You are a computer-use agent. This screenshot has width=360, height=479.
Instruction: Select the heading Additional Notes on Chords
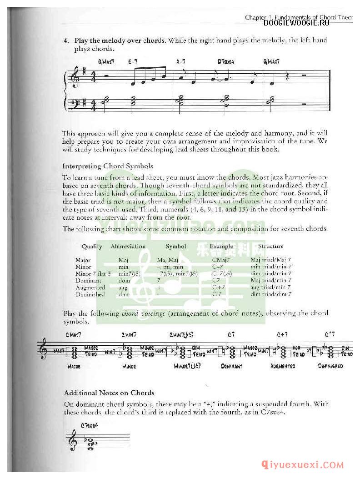[109, 393]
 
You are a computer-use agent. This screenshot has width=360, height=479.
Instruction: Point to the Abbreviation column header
[128, 247]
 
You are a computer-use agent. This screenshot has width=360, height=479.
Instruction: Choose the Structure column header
[270, 247]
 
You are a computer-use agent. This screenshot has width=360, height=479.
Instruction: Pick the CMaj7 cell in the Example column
[220, 260]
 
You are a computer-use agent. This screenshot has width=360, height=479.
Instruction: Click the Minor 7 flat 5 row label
[93, 274]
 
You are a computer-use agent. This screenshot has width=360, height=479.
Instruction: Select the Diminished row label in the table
[90, 294]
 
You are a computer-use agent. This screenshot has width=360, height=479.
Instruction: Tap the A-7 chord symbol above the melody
[180, 61]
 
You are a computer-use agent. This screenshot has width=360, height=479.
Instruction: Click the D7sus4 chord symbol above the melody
[225, 61]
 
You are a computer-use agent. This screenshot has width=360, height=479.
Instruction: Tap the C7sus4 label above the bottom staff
[90, 426]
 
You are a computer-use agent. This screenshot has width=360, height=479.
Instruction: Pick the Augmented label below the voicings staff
[283, 366]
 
